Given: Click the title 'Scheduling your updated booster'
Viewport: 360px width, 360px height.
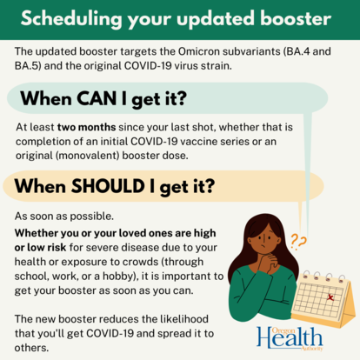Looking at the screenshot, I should [x=179, y=17].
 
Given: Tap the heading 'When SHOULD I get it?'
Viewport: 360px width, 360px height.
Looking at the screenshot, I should [x=110, y=185].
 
